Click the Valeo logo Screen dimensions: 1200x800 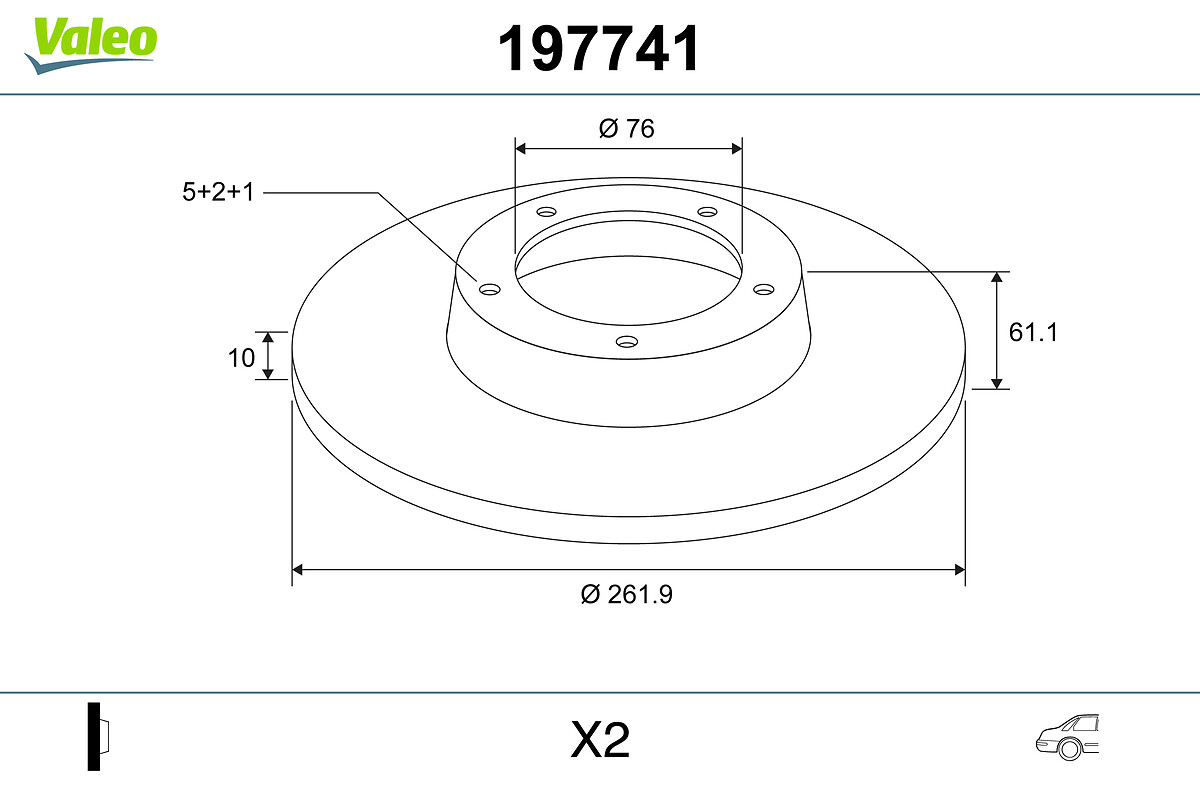click(x=91, y=45)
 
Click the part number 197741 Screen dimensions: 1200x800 click(x=598, y=49)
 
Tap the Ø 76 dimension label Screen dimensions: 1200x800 click(x=626, y=129)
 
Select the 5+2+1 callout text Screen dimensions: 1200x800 click(x=218, y=192)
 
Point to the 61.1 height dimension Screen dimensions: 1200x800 click(x=1033, y=332)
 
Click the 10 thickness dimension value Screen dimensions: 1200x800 click(x=241, y=358)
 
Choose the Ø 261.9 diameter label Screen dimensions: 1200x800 click(x=626, y=594)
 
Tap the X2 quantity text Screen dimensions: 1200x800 click(x=600, y=740)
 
